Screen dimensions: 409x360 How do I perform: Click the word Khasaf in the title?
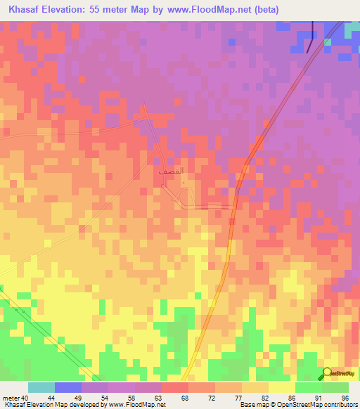[27, 10]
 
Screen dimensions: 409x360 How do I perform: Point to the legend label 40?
[25, 398]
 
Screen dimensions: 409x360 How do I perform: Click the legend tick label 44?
[51, 398]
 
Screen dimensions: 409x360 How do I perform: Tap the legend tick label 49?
[78, 398]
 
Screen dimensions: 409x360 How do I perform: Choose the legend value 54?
[105, 398]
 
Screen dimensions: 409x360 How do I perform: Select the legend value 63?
[158, 398]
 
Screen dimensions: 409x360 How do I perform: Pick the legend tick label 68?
[185, 398]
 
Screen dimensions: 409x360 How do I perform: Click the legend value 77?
[238, 398]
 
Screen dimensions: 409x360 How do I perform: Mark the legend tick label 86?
[291, 398]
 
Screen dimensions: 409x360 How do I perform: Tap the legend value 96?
[345, 398]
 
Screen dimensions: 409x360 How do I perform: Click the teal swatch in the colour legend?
[41, 387]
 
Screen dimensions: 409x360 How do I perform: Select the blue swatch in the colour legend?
[68, 387]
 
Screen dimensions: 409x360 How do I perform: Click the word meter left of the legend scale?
[11, 398]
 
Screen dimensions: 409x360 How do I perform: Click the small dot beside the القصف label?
[184, 183]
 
